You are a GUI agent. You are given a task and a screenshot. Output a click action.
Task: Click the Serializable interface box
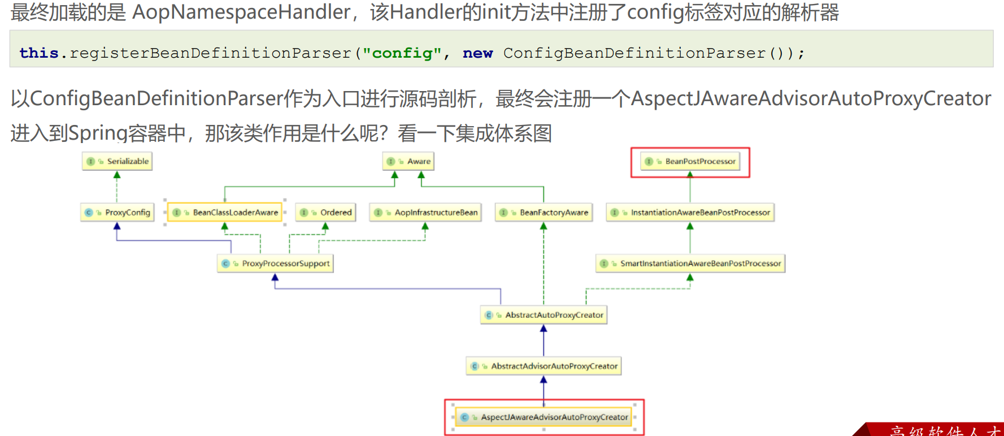(117, 161)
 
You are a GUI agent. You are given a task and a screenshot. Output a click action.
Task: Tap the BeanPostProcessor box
(690, 161)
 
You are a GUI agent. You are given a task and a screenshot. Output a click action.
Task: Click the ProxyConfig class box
(117, 213)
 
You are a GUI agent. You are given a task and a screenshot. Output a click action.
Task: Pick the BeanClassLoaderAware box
(225, 213)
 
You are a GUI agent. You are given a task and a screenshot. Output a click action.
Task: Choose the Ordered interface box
(325, 213)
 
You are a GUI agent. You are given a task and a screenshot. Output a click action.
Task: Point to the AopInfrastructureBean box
(425, 213)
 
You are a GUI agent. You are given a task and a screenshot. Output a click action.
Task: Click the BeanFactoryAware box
(544, 213)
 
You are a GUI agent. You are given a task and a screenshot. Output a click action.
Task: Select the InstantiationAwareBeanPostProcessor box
(690, 213)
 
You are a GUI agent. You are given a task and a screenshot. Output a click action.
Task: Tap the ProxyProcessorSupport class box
(275, 264)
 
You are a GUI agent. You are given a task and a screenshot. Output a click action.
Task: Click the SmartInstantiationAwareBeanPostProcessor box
(690, 264)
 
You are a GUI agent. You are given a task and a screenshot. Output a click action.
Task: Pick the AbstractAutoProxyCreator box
(544, 315)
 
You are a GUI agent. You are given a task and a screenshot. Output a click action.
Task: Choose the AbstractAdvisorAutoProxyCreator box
(544, 366)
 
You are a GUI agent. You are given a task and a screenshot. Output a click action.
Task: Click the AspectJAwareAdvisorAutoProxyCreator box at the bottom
(544, 417)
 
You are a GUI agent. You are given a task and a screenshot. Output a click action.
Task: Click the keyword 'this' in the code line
(39, 53)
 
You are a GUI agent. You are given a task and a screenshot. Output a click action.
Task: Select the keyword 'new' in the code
(478, 53)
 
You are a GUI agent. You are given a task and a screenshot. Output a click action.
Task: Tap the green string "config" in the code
(402, 53)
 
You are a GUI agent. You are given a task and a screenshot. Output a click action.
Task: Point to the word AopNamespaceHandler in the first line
(241, 12)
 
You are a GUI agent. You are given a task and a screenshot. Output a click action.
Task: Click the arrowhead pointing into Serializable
(117, 175)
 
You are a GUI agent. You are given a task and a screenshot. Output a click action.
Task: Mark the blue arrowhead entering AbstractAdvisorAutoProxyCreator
(544, 379)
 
